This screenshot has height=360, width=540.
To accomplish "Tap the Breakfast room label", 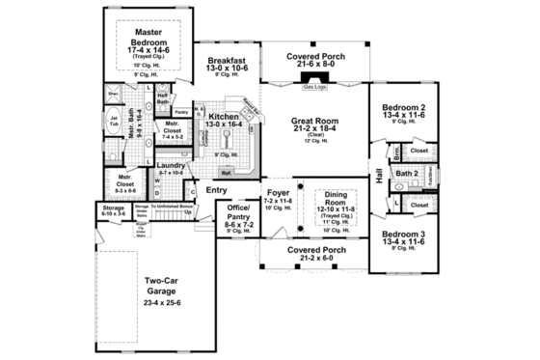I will coord(228,62).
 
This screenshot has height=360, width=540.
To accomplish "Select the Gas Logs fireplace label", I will coord(314,87).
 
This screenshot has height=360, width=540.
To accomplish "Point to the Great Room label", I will coord(314,122).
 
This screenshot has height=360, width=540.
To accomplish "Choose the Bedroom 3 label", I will coord(404,235).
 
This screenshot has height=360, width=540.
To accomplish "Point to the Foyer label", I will coord(278,192).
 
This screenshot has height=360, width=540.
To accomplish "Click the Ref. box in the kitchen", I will coord(226,173).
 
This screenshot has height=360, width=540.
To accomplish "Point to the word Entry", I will coord(218,189).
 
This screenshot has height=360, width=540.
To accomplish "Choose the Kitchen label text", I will coord(225,117).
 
